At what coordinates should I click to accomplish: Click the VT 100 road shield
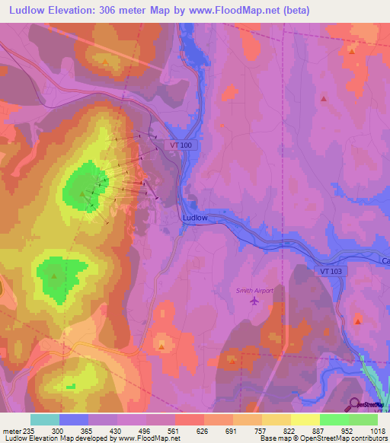(181, 145)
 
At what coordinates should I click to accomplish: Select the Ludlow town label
(195, 217)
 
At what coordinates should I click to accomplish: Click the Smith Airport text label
(254, 289)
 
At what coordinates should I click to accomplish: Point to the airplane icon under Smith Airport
(254, 301)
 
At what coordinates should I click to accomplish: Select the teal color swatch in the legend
(45, 419)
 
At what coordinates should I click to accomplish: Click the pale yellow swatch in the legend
(305, 419)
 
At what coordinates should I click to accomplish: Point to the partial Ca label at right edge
(384, 260)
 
